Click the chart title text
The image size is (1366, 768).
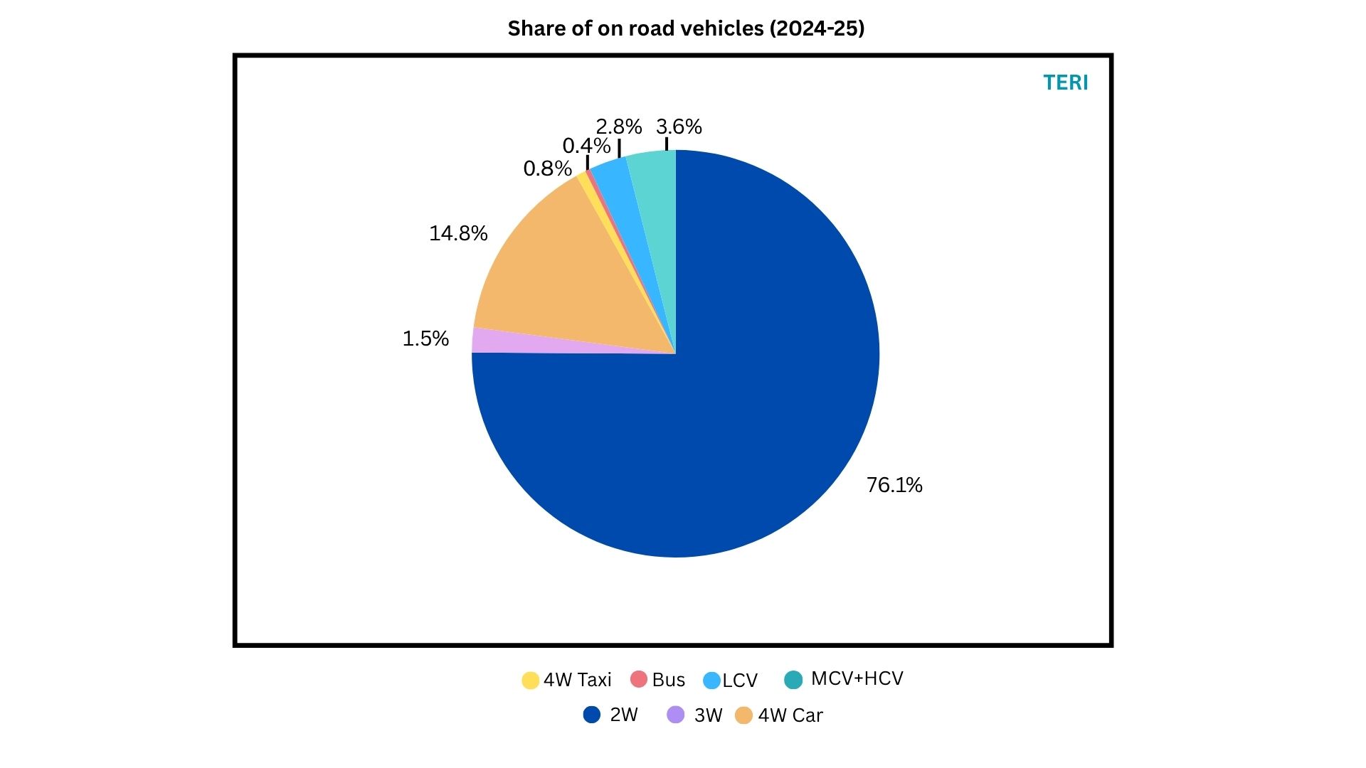(x=686, y=28)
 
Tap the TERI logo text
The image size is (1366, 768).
(x=1065, y=82)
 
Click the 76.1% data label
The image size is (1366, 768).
(x=894, y=485)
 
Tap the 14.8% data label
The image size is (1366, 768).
(x=458, y=233)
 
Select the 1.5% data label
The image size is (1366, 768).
(x=425, y=338)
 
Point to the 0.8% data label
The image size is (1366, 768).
(x=547, y=169)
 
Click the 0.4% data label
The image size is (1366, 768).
(x=586, y=146)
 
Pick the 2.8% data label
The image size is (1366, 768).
(x=618, y=127)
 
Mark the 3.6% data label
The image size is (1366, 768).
(x=679, y=127)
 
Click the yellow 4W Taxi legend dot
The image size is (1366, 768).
(x=530, y=681)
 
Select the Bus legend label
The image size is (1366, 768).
(x=668, y=681)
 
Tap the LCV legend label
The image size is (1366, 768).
(x=740, y=681)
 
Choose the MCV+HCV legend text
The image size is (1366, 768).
(x=857, y=678)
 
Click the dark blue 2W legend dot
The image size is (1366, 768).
(x=591, y=715)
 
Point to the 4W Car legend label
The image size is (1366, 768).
(x=790, y=715)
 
